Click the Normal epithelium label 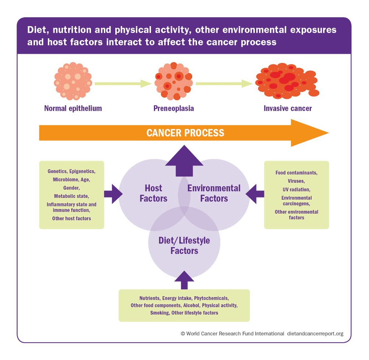73,108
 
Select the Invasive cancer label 288,108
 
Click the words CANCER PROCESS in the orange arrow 185,133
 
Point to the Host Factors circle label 153,193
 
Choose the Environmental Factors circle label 214,193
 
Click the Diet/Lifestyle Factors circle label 184,245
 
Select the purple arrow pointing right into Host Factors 113,193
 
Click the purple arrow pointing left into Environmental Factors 255,193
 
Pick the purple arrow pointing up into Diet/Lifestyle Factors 184,280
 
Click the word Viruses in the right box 296,181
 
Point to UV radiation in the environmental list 296,189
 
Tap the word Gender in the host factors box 71,188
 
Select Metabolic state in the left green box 71,196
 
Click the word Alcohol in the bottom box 191,305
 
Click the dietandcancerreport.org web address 314,333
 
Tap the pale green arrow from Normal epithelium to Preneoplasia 123,84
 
